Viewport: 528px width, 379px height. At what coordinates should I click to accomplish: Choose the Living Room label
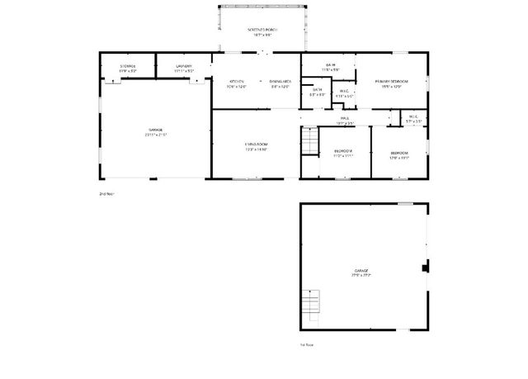click(x=256, y=146)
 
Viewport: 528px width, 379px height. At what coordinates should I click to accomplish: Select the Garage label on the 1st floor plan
click(x=361, y=272)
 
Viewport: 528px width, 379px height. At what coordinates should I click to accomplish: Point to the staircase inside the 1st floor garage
click(x=309, y=306)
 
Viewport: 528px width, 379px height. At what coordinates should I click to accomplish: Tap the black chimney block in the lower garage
click(x=425, y=267)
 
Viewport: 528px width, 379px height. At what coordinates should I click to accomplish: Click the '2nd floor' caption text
click(x=106, y=194)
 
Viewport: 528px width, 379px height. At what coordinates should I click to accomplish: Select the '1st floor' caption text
click(x=307, y=344)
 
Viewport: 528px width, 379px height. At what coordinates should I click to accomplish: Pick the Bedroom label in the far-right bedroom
click(x=399, y=154)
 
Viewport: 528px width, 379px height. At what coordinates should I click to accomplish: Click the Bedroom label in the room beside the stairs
click(x=343, y=153)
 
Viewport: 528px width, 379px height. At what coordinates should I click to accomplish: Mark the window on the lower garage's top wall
click(x=405, y=202)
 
